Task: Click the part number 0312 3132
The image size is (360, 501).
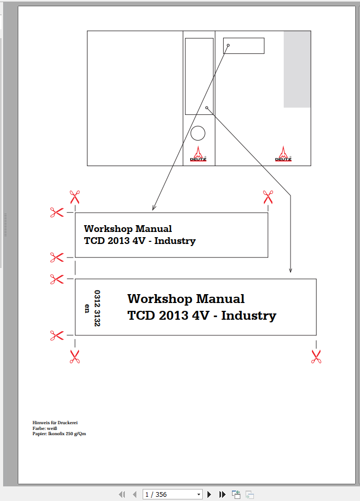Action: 97,308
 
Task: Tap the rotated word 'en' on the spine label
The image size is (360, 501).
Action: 87,308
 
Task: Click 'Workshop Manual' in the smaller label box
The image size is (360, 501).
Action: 127,229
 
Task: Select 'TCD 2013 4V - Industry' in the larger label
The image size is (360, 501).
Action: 202,316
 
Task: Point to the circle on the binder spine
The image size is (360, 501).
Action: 198,133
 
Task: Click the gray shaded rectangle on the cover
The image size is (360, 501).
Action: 297,69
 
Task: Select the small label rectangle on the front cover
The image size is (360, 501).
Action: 243,45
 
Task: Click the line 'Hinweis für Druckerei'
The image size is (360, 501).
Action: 55,423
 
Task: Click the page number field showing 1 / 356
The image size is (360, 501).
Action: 168,494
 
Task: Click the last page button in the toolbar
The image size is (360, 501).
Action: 222,494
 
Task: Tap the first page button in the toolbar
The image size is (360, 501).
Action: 122,494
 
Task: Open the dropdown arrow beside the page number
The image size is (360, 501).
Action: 199,494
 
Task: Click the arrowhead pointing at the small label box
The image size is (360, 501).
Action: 153,208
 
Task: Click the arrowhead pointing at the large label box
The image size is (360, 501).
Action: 291,270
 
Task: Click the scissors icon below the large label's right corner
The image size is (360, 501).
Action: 316,357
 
